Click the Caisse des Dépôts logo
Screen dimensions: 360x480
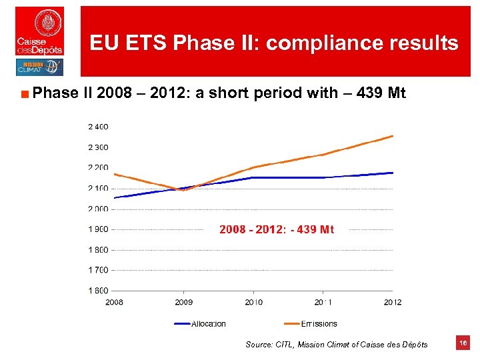pos(40,31)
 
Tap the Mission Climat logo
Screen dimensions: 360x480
pos(39,67)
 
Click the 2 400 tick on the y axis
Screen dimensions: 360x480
pos(97,127)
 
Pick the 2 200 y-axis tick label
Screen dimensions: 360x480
pos(97,168)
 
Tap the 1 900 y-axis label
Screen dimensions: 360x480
pos(97,229)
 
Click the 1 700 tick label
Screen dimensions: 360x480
pos(97,270)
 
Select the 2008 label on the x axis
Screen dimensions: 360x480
pos(114,303)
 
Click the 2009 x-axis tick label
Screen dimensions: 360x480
pos(184,303)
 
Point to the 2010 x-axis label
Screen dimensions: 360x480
pos(253,303)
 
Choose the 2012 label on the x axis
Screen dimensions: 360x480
pos(393,303)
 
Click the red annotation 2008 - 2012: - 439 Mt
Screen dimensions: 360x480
pos(277,229)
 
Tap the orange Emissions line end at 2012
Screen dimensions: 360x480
pos(392,136)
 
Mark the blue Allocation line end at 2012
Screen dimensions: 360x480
pos(392,173)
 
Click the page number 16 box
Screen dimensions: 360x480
pos(463,343)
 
